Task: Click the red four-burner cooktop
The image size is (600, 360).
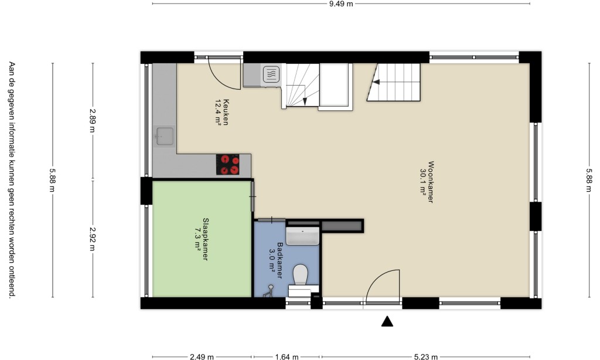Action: coord(228,165)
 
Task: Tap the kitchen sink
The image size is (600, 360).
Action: coord(165,137)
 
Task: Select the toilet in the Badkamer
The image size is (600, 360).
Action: coord(301,274)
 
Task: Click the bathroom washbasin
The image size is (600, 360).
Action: coord(302,236)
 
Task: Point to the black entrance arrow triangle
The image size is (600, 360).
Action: coord(387,321)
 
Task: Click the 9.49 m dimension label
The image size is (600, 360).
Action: coord(341,4)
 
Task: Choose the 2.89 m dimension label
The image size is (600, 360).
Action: coord(93,121)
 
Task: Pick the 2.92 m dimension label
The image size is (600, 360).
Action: coord(93,239)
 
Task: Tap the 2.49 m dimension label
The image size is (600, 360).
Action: coord(202,357)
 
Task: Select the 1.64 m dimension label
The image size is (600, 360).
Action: coord(287,357)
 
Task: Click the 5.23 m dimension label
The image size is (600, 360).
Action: coord(425,357)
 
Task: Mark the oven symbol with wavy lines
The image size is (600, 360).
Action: coord(271,74)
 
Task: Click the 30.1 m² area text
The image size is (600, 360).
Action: coord(423,182)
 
